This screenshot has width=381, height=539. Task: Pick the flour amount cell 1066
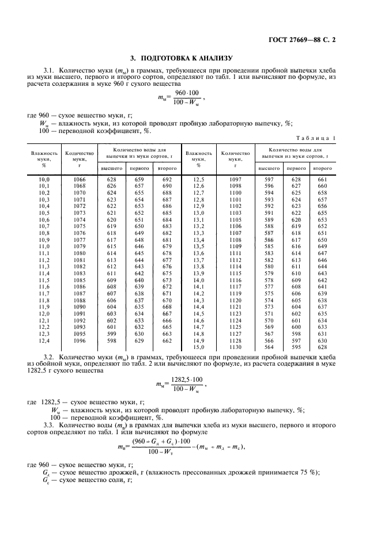coord(80,180)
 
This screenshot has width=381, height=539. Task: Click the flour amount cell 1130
coord(235,347)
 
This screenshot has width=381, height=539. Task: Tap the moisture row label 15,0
coord(198,347)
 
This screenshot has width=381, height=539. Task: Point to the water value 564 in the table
coord(269,347)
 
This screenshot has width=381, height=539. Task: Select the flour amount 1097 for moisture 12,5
coord(235,180)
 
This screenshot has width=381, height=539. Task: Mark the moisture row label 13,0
coord(198,212)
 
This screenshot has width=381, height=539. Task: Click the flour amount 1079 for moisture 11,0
coord(80,246)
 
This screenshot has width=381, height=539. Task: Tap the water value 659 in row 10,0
coord(139,180)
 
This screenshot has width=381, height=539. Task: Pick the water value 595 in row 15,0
coord(296,347)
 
